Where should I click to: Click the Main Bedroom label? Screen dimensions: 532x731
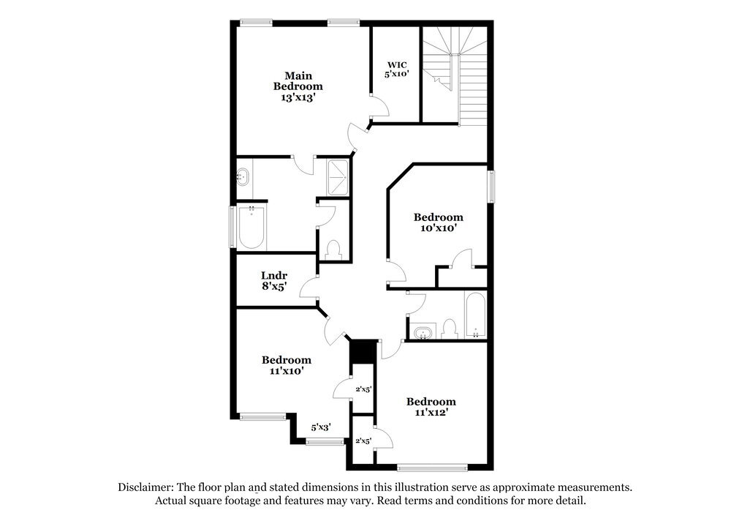298,86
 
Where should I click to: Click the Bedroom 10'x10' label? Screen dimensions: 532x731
438,222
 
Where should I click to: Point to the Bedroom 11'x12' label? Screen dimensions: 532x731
431,406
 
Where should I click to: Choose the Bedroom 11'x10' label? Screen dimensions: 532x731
287,365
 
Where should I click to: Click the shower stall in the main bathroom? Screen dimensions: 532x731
337,177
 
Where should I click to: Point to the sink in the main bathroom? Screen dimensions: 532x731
243,177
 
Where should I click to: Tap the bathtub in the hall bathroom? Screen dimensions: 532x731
475,316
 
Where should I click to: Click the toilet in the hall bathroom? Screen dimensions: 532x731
449,329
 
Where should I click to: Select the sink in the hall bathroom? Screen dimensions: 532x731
422,333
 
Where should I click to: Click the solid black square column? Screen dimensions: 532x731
363,351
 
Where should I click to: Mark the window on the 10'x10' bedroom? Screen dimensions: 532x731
491,185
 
